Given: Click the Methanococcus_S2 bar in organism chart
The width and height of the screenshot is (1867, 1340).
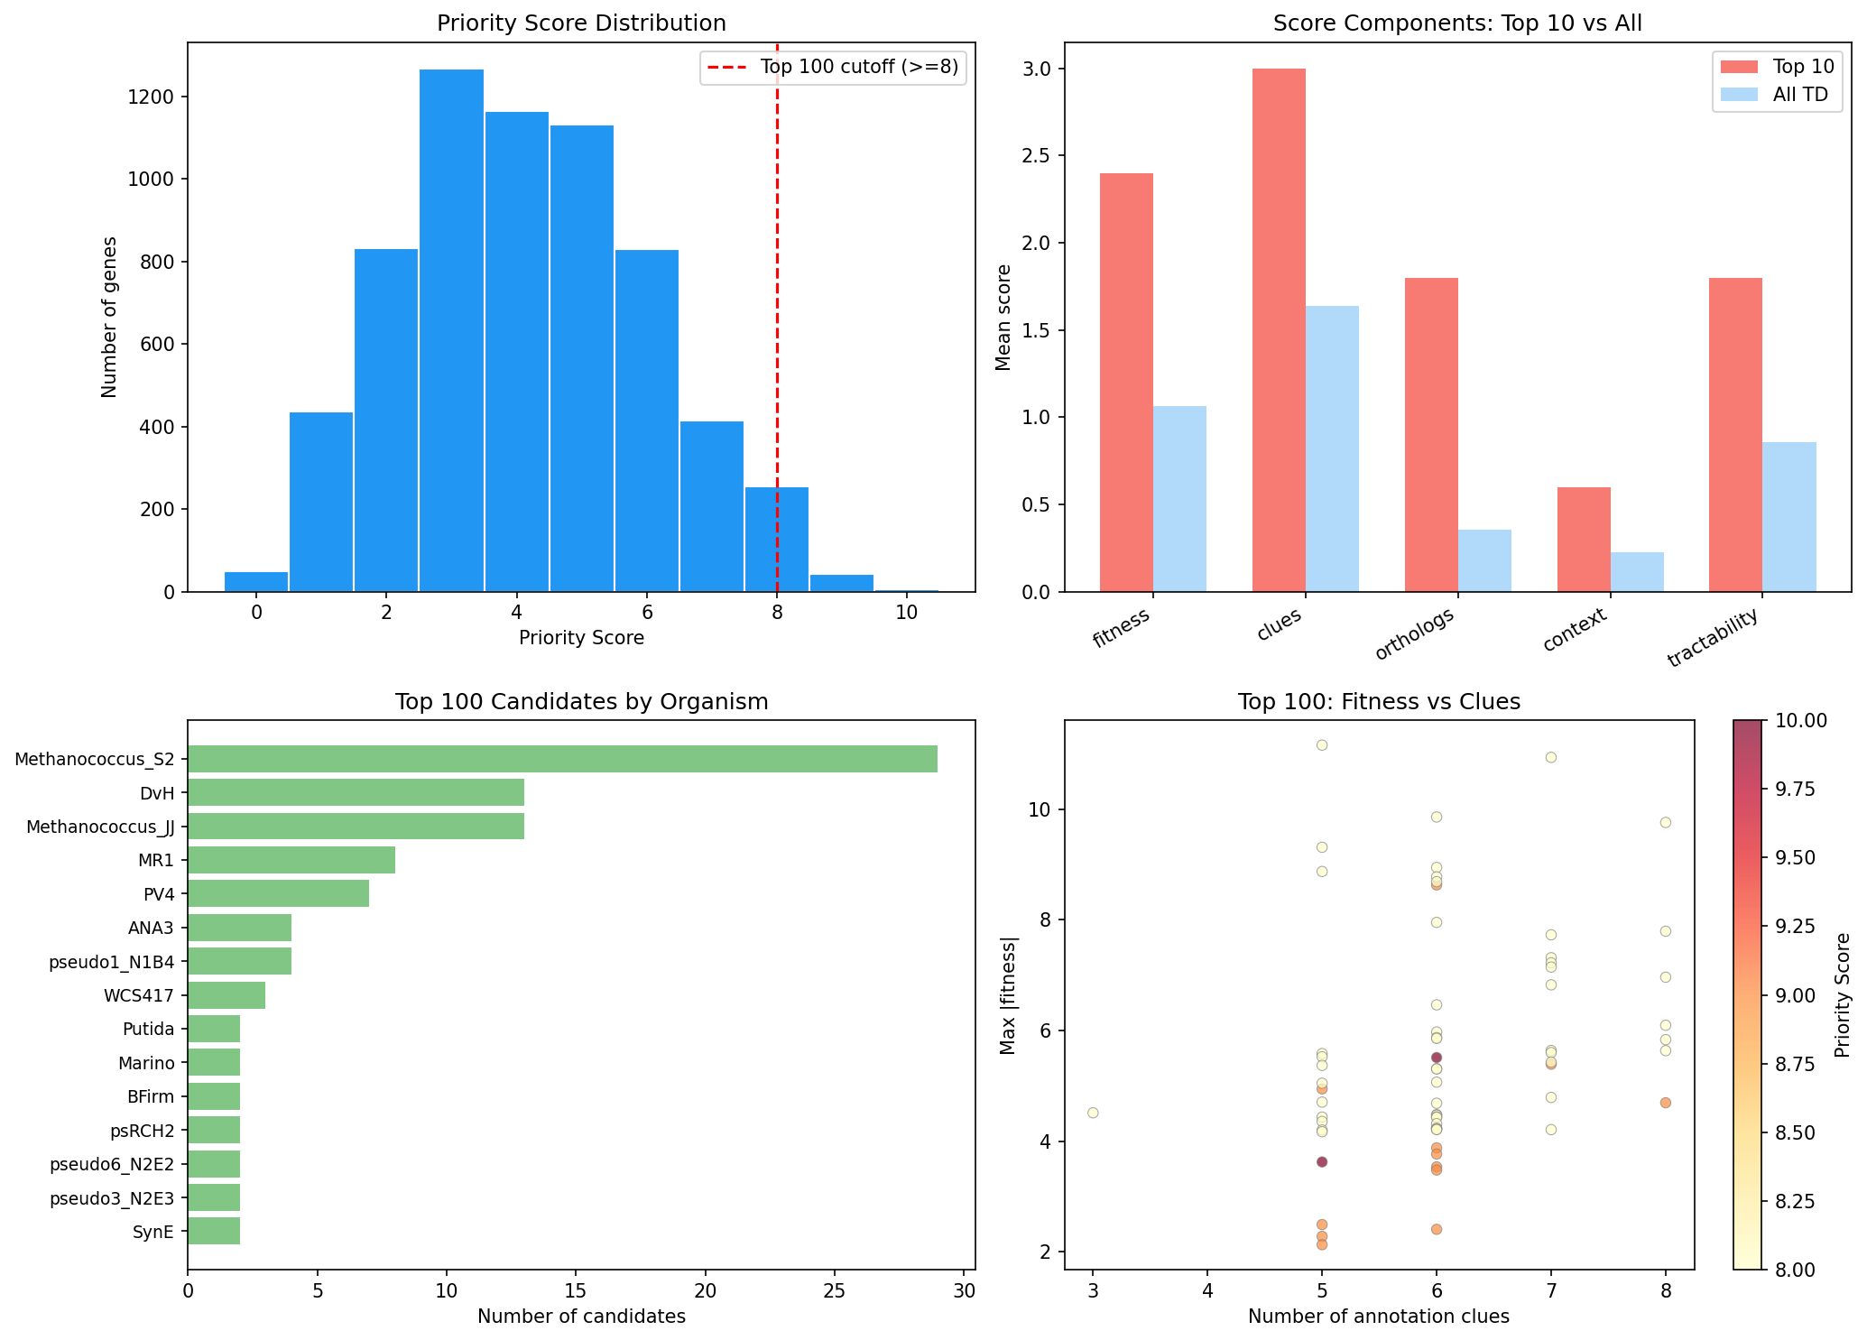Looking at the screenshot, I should [x=561, y=759].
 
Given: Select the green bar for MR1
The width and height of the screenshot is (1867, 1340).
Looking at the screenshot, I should [x=291, y=860].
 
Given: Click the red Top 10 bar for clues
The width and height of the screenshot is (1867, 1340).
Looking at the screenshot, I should [x=1278, y=329].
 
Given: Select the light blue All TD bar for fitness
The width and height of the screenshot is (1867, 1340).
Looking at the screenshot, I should [x=1179, y=498].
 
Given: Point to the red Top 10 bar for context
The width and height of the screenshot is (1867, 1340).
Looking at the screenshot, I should [x=1584, y=539].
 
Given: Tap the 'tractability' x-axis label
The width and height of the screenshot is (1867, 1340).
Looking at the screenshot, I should [x=1713, y=638].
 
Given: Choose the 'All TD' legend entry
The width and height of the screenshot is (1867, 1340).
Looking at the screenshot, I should [x=1799, y=96].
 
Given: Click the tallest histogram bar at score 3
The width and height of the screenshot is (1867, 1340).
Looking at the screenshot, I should [x=451, y=330].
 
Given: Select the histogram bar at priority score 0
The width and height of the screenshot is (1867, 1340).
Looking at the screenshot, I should [x=256, y=581].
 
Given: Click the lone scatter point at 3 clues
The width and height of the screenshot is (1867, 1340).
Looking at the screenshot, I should [x=1093, y=1113].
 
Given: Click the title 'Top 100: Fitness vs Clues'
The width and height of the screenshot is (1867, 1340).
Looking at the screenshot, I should [x=1379, y=702].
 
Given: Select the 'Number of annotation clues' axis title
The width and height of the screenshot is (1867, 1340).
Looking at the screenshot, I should [x=1378, y=1317].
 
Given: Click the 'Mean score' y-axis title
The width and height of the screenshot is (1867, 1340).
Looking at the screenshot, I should [x=1003, y=317].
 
